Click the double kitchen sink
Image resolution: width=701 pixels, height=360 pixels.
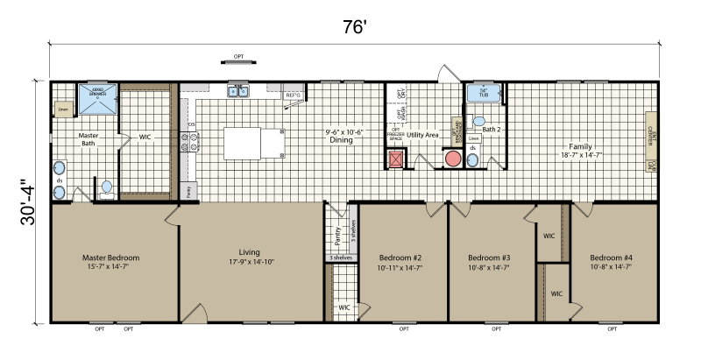pyautogui.click(x=237, y=91)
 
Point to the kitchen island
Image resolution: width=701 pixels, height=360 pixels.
pyautogui.click(x=253, y=143)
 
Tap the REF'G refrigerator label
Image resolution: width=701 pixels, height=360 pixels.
pyautogui.click(x=293, y=95)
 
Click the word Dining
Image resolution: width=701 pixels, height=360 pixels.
pyautogui.click(x=341, y=140)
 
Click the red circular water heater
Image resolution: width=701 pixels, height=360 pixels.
pyautogui.click(x=453, y=159)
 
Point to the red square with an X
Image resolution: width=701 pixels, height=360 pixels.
pyautogui.click(x=396, y=159)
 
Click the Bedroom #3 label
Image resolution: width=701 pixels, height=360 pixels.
pyautogui.click(x=489, y=258)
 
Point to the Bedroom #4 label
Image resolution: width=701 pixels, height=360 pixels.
pyautogui.click(x=611, y=258)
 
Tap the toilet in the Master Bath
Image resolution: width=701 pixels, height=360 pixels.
pyautogui.click(x=106, y=187)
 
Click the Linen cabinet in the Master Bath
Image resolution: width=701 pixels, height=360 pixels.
pyautogui.click(x=63, y=109)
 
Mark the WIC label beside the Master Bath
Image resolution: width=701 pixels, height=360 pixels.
pyautogui.click(x=144, y=137)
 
